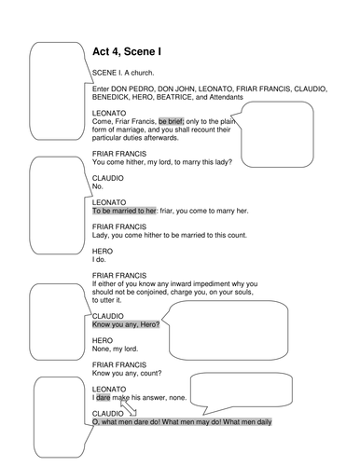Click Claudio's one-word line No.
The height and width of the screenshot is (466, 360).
[97, 187]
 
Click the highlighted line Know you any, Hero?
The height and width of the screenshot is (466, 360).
[126, 324]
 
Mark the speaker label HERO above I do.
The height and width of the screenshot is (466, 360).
[103, 250]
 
